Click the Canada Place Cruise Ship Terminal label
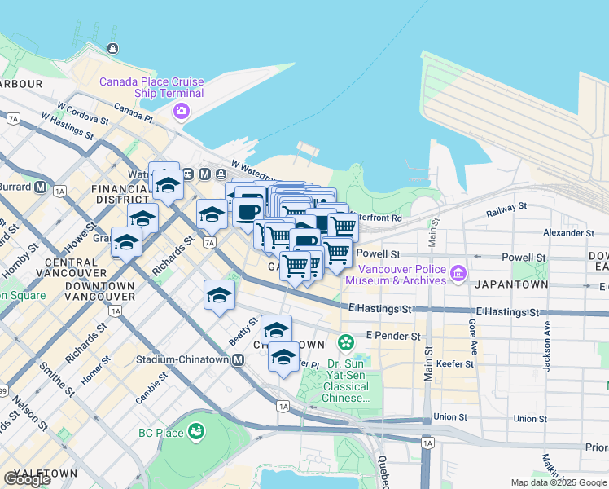tap(151, 87)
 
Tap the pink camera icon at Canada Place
tap(182, 111)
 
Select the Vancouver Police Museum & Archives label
tap(397, 275)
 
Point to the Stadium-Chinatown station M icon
tap(239, 359)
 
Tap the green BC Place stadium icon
tap(195, 430)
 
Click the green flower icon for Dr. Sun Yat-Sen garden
tap(346, 341)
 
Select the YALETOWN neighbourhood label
tap(45, 473)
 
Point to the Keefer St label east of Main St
tap(458, 363)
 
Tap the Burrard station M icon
tap(40, 187)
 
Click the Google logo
tap(27, 479)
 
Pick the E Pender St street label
tap(392, 336)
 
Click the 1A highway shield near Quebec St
tap(427, 443)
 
